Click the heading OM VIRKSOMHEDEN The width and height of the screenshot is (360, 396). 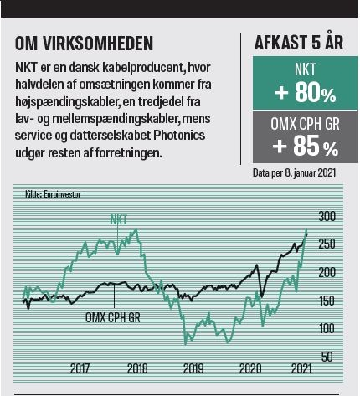(84, 44)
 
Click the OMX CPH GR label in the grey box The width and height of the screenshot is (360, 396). (305, 124)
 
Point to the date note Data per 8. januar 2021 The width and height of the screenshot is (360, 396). (294, 173)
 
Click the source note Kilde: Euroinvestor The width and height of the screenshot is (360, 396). (53, 194)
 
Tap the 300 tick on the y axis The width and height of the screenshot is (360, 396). (327, 216)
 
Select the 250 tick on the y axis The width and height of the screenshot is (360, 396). (327, 244)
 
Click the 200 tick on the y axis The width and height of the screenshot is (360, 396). (327, 272)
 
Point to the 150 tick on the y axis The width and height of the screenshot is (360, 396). (327, 301)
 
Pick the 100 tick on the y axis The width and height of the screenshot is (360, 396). (327, 328)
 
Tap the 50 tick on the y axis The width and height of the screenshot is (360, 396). (327, 357)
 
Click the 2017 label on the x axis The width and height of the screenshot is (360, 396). (80, 368)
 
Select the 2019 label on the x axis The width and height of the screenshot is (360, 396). (193, 368)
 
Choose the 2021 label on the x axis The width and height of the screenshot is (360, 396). (301, 368)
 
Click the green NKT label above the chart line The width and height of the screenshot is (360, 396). (119, 219)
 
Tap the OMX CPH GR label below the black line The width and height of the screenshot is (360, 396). (113, 317)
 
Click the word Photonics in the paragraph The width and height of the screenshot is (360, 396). (179, 136)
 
